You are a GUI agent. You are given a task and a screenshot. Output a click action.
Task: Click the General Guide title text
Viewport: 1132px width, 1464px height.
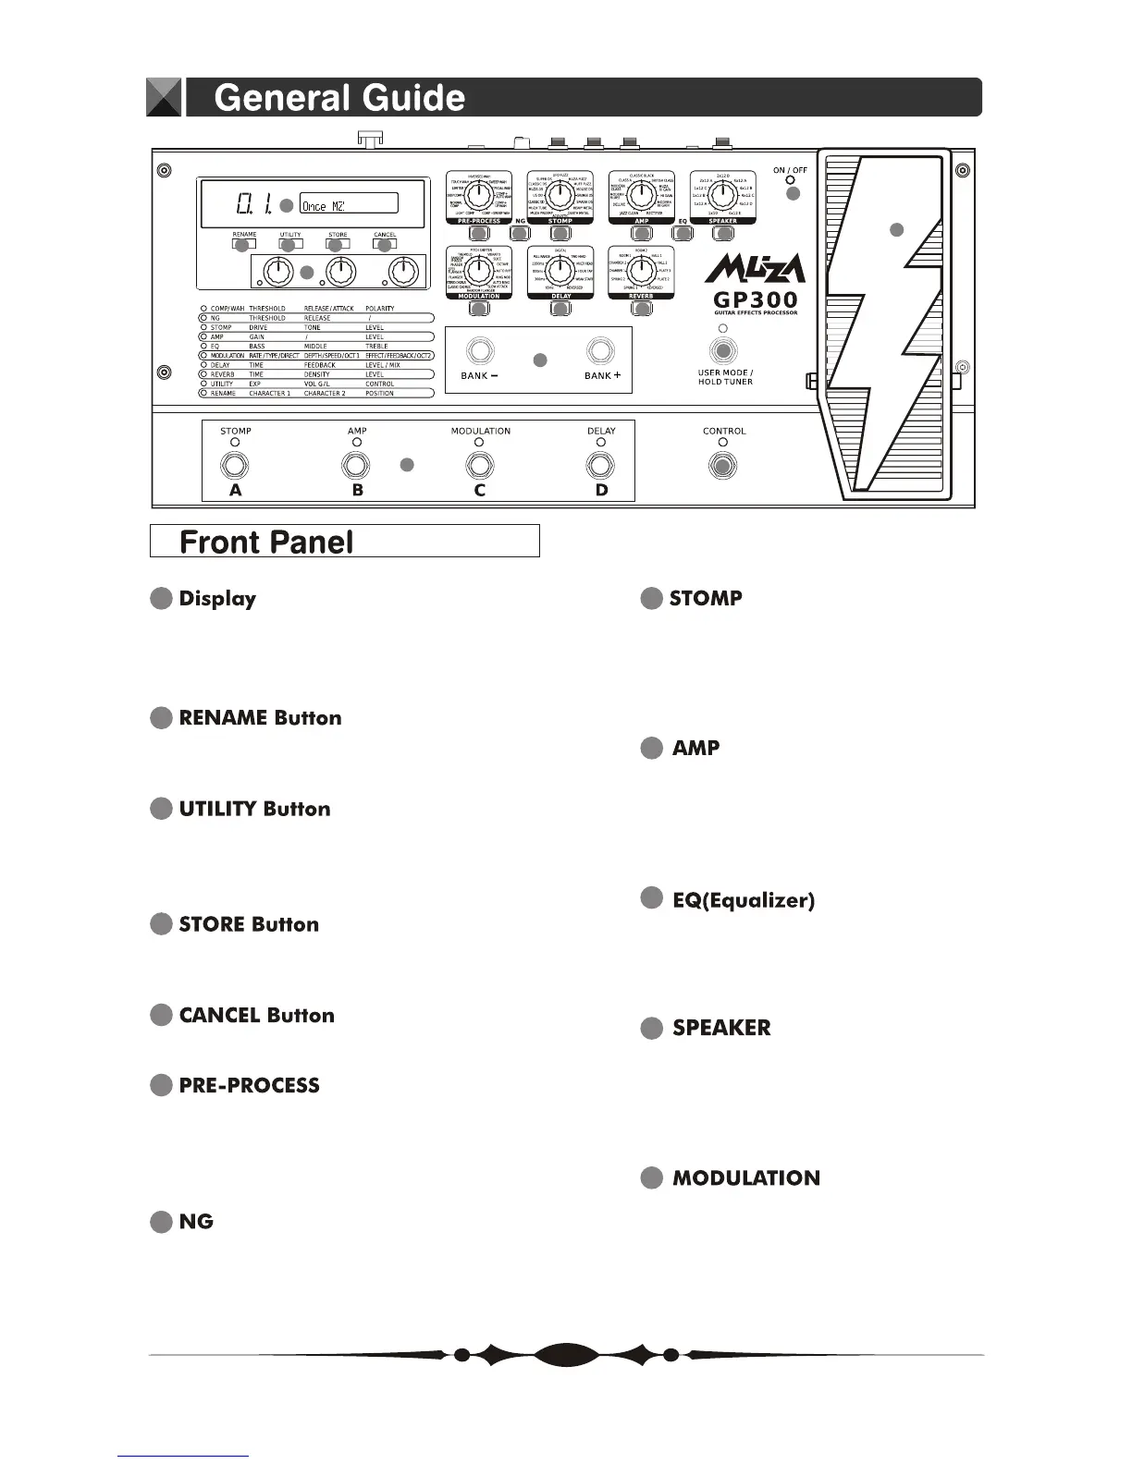click(339, 98)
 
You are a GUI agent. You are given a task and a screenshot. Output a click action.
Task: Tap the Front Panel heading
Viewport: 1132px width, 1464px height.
click(266, 542)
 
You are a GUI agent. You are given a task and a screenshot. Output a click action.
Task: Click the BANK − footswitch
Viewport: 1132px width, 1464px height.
click(479, 351)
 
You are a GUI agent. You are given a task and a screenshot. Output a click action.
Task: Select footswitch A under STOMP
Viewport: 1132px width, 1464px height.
click(235, 465)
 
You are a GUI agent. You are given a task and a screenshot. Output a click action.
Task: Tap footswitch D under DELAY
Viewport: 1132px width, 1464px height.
click(601, 465)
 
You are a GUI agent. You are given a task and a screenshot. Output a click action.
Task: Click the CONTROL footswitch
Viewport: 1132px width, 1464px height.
click(723, 465)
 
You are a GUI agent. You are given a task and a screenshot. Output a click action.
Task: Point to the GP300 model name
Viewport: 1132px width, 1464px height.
click(756, 300)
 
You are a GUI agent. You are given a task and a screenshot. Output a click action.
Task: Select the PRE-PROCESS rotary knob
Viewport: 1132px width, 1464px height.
click(478, 195)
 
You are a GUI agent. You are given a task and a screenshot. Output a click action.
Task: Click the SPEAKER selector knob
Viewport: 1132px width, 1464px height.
click(722, 195)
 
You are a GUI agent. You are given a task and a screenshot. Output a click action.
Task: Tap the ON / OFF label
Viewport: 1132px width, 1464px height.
click(790, 171)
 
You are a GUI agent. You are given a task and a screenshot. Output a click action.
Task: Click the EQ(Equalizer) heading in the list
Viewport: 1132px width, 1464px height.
click(744, 900)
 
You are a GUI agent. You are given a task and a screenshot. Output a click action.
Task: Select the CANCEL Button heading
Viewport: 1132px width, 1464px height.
click(256, 1015)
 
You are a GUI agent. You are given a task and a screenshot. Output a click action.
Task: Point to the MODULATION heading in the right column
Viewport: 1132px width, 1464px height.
click(745, 1177)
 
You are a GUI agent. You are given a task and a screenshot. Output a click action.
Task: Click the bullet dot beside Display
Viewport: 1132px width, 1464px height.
click(161, 599)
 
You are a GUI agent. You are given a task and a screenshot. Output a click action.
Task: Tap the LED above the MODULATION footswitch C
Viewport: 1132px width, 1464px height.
click(479, 443)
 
